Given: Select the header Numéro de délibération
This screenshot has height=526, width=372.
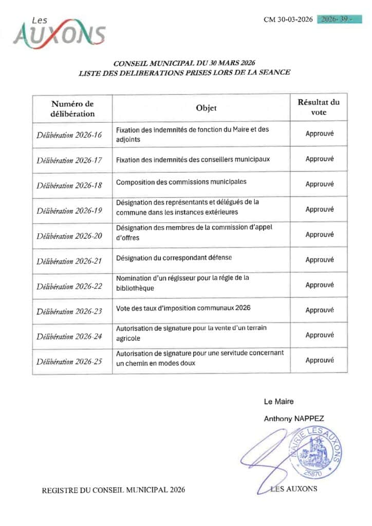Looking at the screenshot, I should [72, 109].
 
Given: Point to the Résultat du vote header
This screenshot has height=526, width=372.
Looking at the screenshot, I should [319, 107].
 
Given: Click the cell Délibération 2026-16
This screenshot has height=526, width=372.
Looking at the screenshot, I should [69, 135].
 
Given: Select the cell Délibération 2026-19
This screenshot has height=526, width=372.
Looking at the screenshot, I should [69, 211].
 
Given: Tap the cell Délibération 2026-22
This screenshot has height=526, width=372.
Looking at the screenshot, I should [69, 286].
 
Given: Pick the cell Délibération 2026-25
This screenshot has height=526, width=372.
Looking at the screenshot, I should [69, 362].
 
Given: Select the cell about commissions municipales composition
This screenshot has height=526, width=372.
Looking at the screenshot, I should [181, 182].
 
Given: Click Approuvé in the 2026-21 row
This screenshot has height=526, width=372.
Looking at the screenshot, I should [320, 260].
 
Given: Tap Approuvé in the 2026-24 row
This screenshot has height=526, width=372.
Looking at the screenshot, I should [320, 335].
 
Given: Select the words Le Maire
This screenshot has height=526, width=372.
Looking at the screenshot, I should [279, 401].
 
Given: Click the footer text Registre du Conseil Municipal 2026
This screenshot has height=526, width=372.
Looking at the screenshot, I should [113, 490].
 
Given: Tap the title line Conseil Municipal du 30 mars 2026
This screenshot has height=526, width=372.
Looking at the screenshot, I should [184, 63].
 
